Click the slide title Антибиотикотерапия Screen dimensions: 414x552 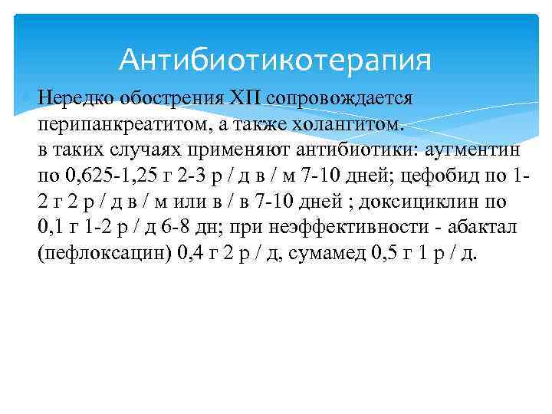[275, 59]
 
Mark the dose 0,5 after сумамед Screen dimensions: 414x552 [381, 255]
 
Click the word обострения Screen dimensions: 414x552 [159, 98]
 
